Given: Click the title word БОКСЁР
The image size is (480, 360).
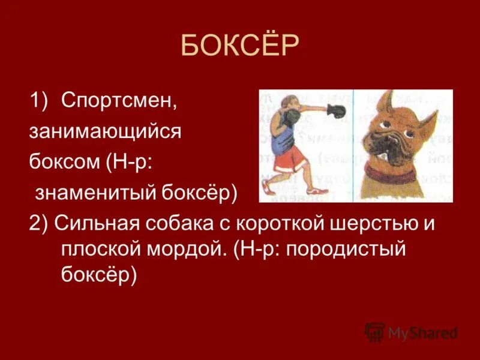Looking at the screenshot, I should point(239,46).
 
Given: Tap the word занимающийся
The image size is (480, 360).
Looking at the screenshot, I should point(105,132).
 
